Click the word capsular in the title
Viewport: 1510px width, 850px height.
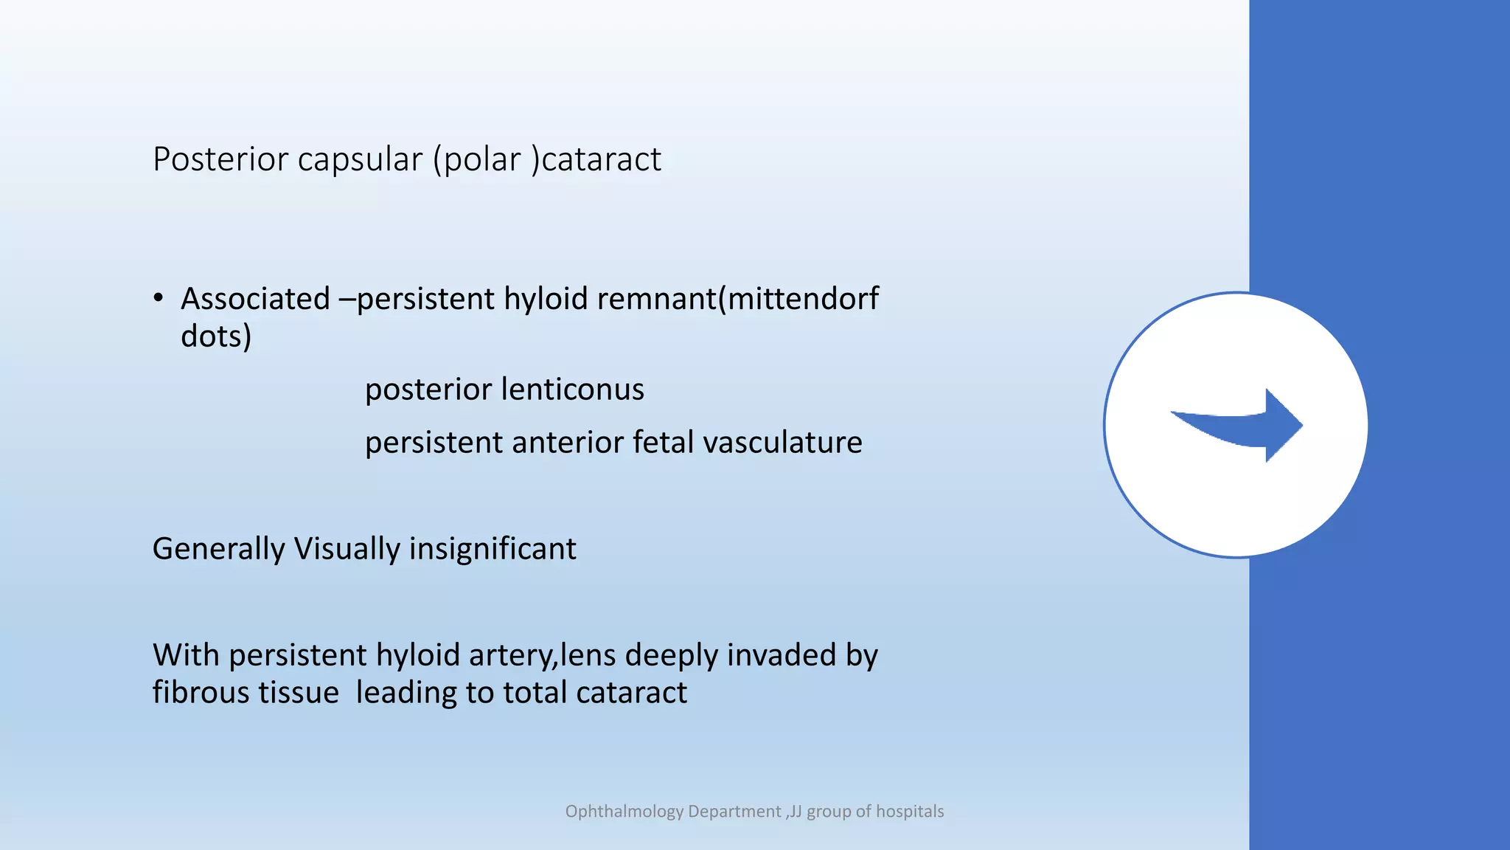coord(361,160)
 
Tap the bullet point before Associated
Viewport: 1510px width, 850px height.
coord(159,298)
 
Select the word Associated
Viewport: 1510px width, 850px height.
coord(255,299)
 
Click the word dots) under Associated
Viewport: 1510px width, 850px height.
coord(216,336)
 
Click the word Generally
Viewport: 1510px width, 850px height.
coord(218,549)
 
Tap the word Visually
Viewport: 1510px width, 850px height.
coord(347,549)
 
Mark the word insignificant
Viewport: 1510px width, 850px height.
coord(493,549)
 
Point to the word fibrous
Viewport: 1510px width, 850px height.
coord(199,693)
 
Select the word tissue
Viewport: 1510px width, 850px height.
coord(302,693)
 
